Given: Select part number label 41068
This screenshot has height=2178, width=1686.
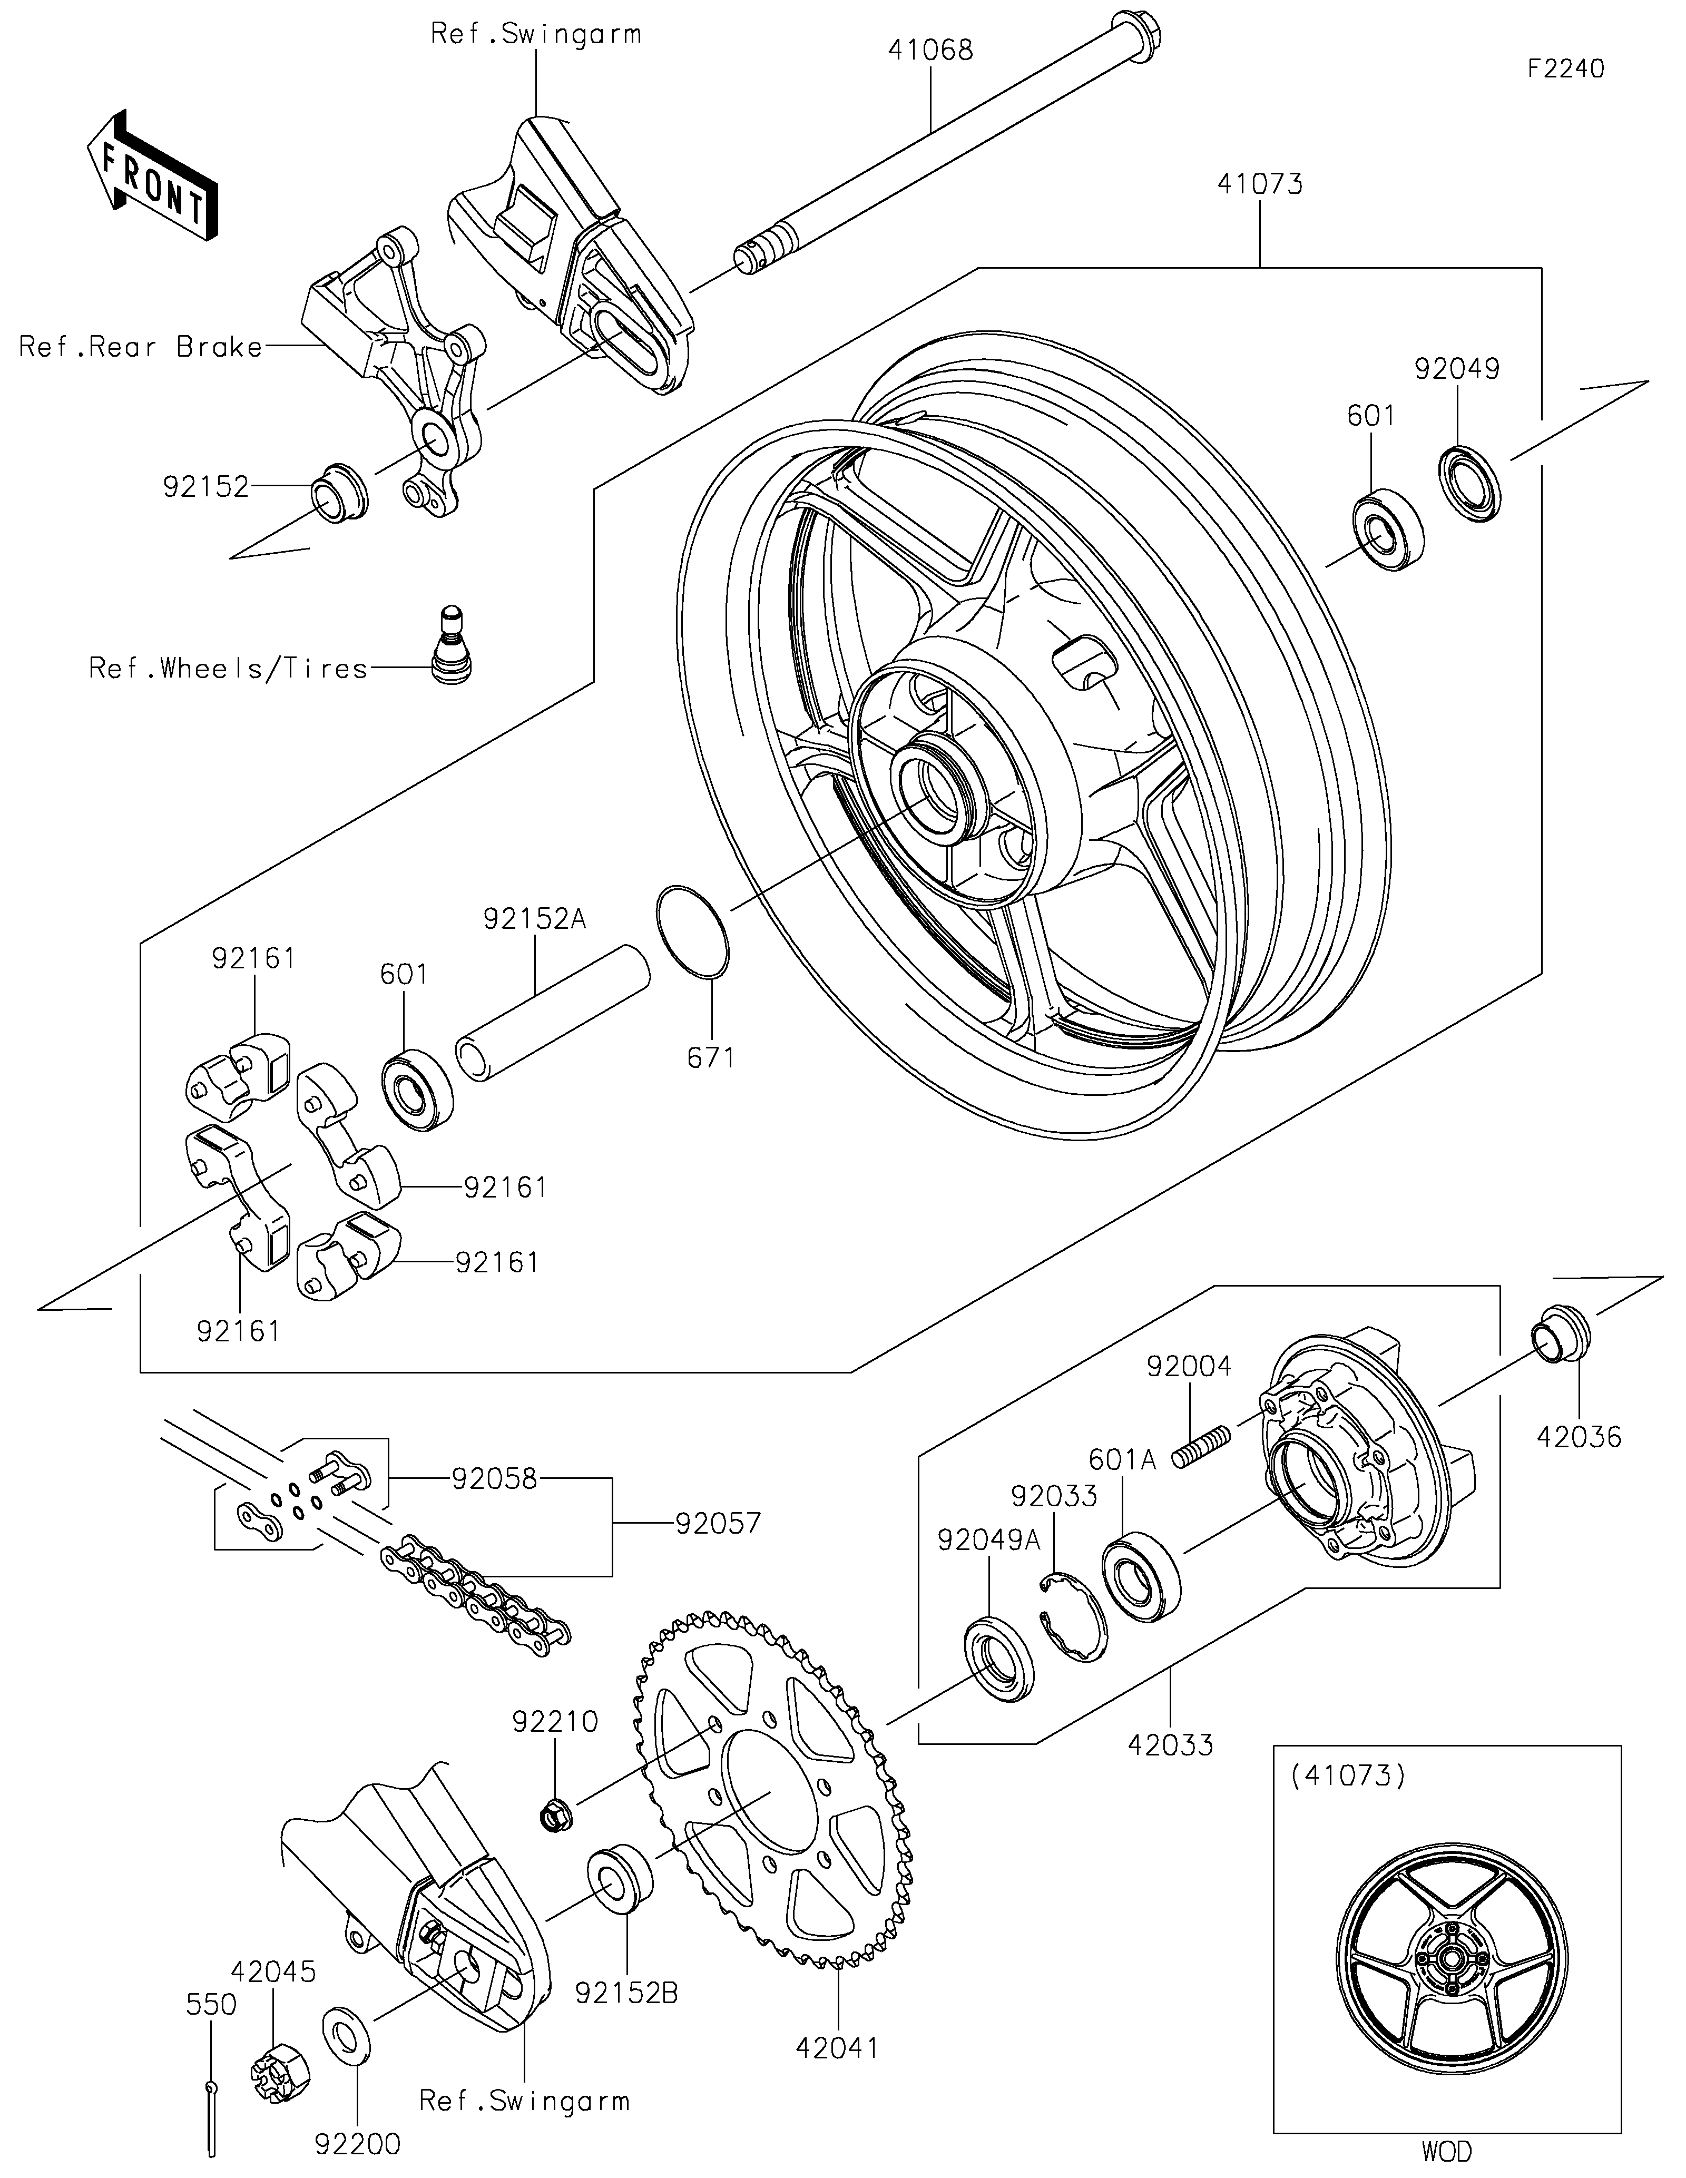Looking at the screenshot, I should [930, 50].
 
